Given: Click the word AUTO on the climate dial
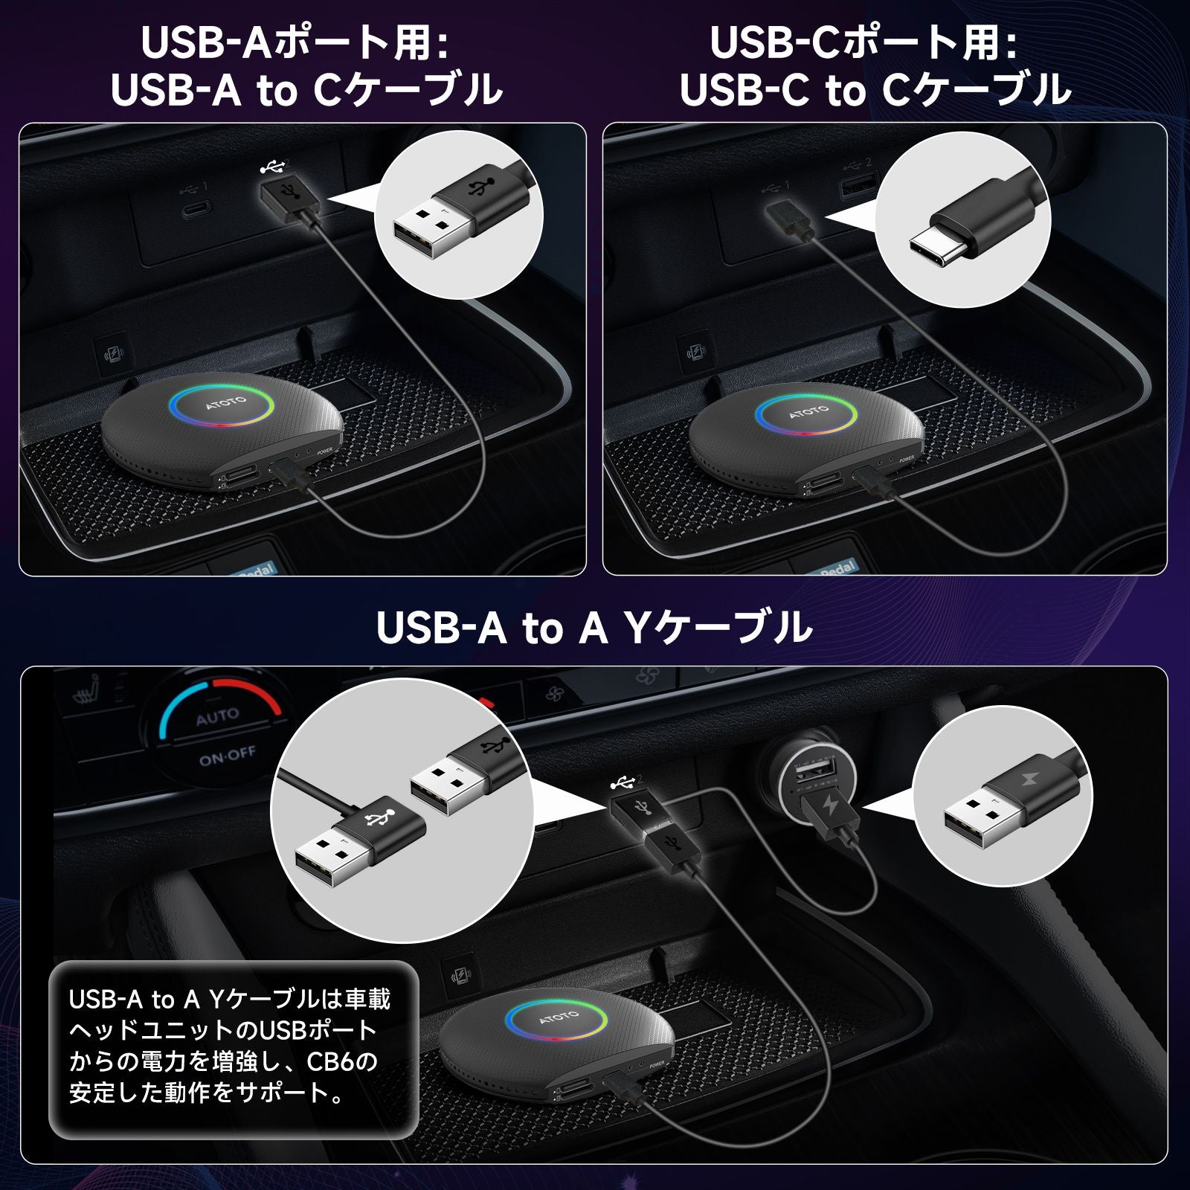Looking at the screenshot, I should [217, 718].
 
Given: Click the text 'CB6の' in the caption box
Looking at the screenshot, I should [342, 1061].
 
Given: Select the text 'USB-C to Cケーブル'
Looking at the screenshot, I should [875, 90].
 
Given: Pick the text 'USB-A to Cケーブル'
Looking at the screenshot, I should [306, 90].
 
